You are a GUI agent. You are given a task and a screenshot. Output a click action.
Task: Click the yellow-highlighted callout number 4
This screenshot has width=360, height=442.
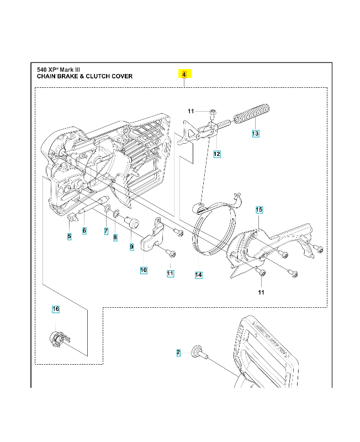[184, 73]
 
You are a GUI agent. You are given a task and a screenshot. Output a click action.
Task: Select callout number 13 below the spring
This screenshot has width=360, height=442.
[255, 134]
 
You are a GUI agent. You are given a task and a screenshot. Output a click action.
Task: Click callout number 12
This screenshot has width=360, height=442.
[217, 154]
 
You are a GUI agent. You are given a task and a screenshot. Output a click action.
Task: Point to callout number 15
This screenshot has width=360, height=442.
[258, 210]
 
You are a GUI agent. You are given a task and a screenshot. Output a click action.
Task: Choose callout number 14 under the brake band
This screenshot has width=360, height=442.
[198, 275]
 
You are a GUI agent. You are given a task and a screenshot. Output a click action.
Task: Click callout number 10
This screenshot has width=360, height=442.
[144, 270]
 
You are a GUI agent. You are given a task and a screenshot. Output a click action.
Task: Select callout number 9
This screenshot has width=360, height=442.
[131, 247]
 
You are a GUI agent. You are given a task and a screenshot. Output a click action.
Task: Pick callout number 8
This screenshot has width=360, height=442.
[115, 238]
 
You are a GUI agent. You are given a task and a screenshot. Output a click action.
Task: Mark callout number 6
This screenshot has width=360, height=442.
[84, 231]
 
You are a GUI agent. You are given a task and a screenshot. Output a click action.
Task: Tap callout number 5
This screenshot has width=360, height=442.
[69, 237]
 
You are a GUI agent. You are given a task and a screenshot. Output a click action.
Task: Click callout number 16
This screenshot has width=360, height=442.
[55, 309]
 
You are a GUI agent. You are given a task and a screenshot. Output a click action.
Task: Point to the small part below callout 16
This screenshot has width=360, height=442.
[57, 337]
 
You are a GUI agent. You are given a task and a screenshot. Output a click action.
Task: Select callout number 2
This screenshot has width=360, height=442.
[178, 352]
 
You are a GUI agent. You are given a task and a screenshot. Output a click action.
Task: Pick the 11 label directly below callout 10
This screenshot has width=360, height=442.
[170, 273]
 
